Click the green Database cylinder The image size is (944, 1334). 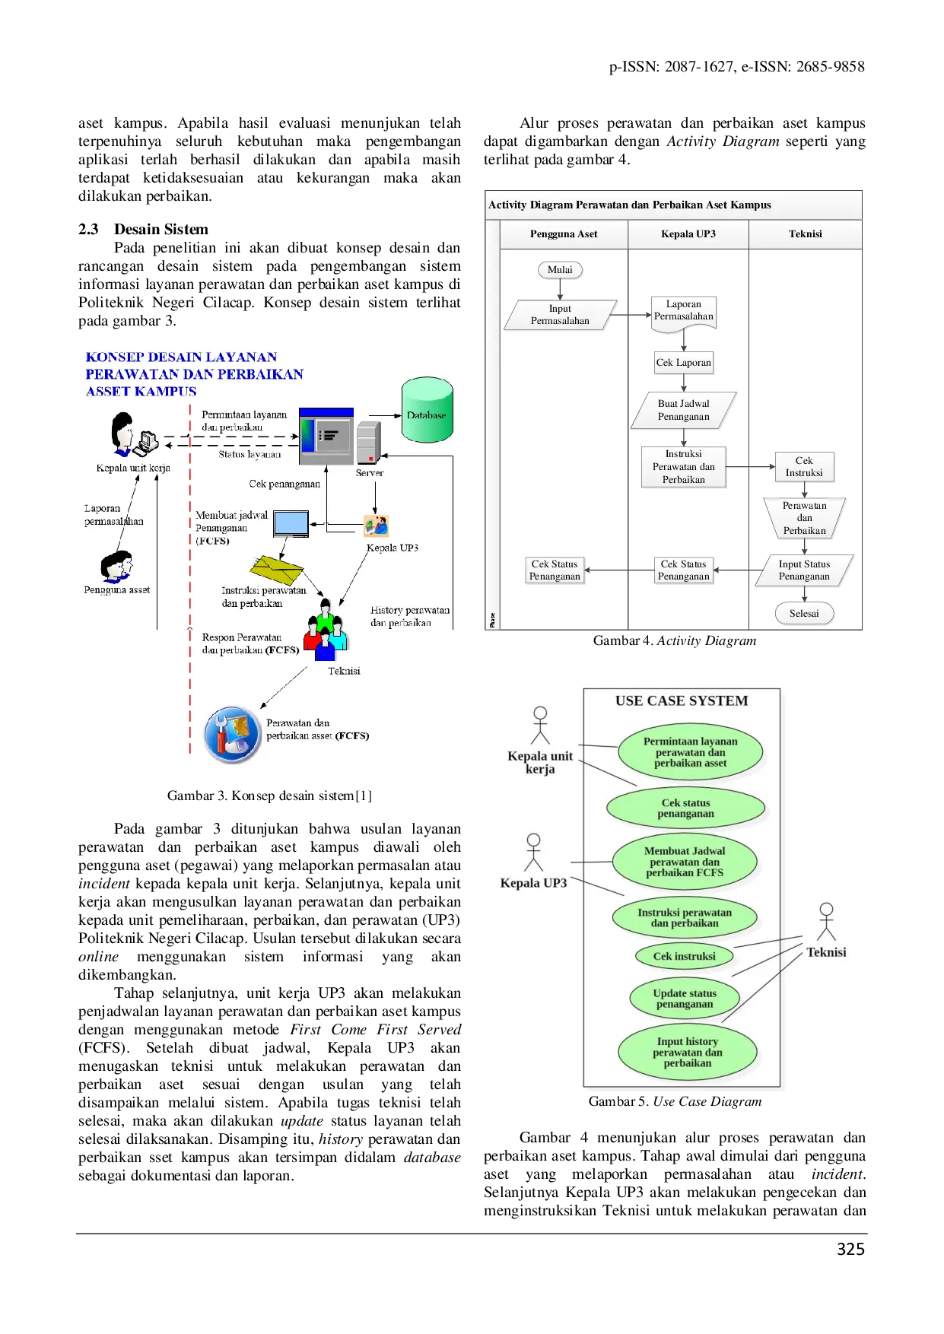click(x=427, y=410)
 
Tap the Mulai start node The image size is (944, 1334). click(x=560, y=270)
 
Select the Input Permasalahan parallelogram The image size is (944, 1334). click(x=560, y=315)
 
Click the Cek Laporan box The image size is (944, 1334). click(x=683, y=363)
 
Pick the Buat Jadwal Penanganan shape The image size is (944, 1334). click(x=683, y=410)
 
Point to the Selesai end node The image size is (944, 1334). click(x=804, y=614)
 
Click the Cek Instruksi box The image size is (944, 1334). click(x=804, y=466)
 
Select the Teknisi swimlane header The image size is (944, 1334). click(x=805, y=234)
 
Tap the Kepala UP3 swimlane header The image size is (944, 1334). click(x=688, y=234)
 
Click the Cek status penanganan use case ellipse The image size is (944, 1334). click(x=685, y=808)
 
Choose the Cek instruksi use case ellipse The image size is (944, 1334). click(x=684, y=956)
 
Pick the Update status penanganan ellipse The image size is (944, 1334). click(x=685, y=999)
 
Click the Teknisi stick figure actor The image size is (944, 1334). click(x=826, y=921)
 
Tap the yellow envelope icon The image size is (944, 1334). click(x=276, y=568)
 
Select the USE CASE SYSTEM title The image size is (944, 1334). click(x=682, y=701)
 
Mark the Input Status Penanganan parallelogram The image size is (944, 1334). click(x=804, y=570)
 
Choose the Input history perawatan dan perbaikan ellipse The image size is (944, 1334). click(x=687, y=1053)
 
